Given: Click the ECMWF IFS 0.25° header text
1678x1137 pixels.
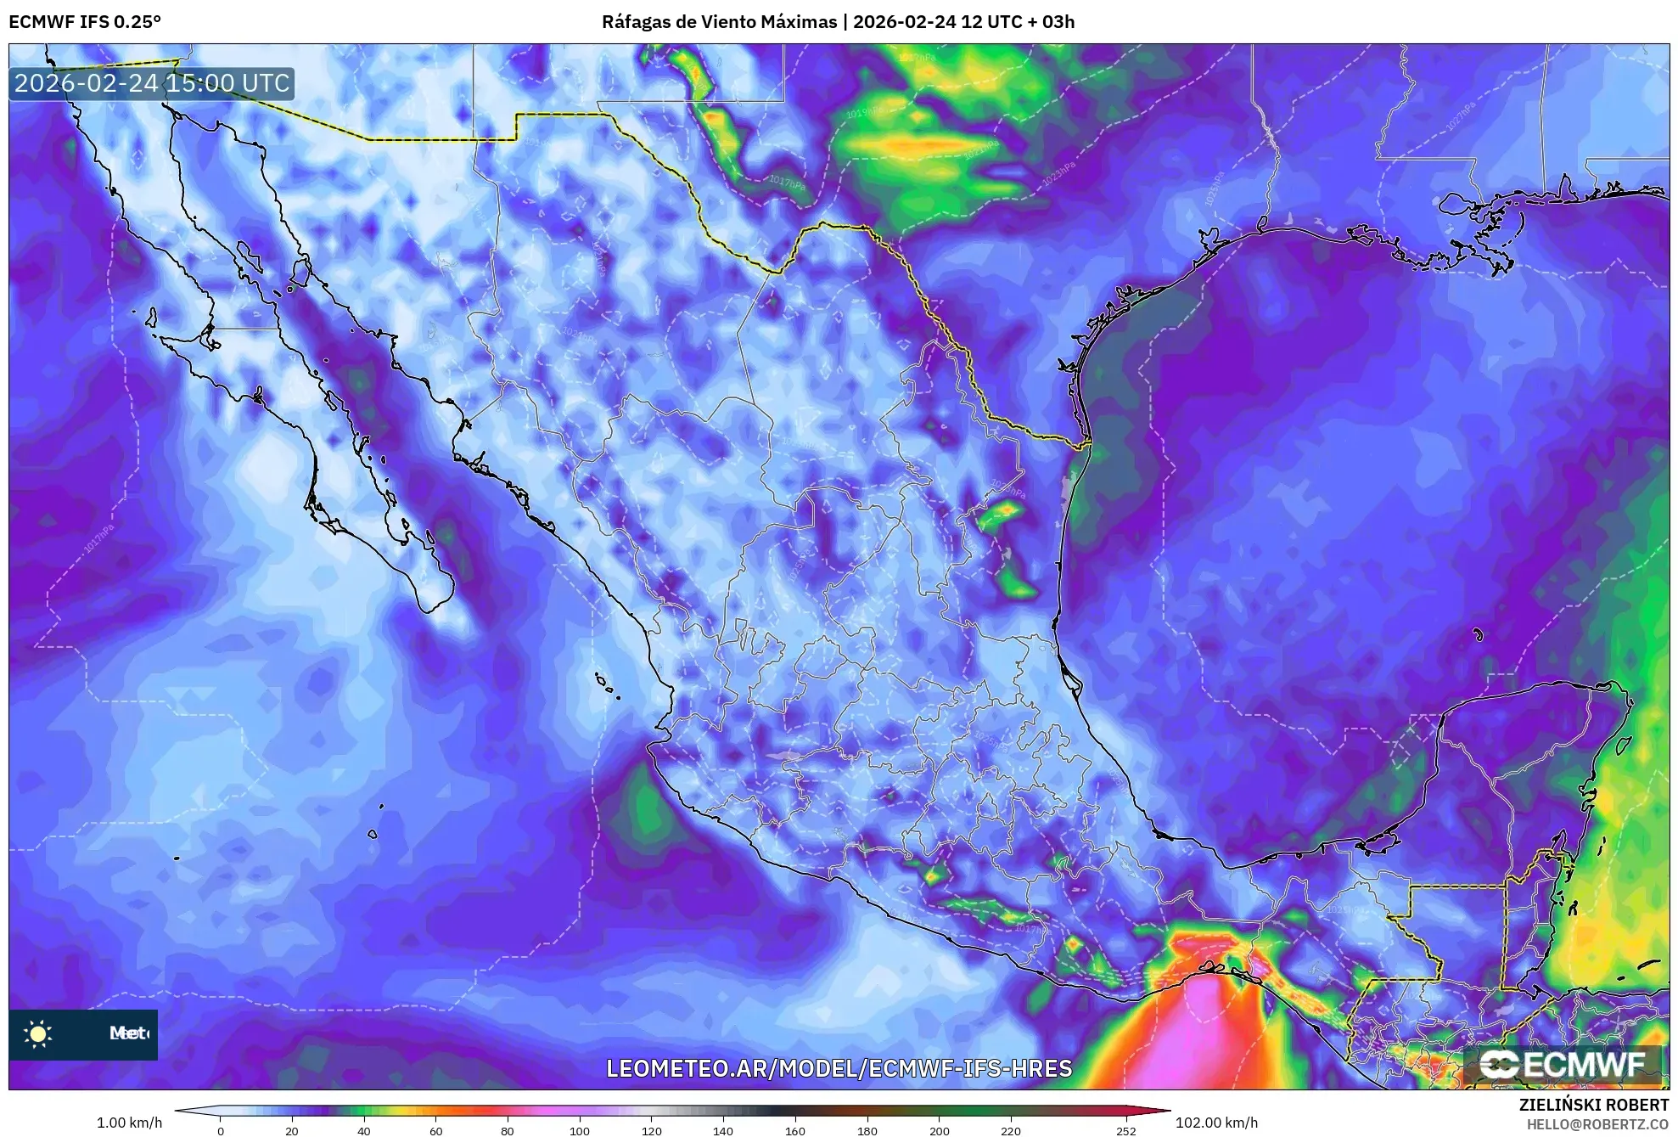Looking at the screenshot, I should pyautogui.click(x=85, y=22).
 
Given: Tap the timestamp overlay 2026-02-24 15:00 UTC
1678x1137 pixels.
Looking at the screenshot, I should pyautogui.click(x=152, y=83).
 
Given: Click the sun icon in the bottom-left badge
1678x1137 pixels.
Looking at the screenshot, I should pyautogui.click(x=38, y=1033).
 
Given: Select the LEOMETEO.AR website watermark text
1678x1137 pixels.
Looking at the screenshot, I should pyautogui.click(x=839, y=1068).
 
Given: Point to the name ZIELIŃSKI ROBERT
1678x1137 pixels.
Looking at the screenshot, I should pyautogui.click(x=1594, y=1105).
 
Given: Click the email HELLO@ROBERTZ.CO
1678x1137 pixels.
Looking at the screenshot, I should pyautogui.click(x=1597, y=1124).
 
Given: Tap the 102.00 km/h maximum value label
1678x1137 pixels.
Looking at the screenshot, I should pyautogui.click(x=1216, y=1123).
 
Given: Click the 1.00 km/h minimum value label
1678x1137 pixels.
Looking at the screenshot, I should pyautogui.click(x=129, y=1123).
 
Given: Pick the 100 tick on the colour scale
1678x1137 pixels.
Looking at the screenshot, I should pyautogui.click(x=580, y=1131).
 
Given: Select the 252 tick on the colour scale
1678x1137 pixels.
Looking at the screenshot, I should pyautogui.click(x=1125, y=1131).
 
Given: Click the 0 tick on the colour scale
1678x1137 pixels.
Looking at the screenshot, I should pyautogui.click(x=221, y=1131).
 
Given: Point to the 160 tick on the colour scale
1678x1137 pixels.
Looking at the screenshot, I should pyautogui.click(x=795, y=1131).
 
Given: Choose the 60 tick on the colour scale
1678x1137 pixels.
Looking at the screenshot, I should pyautogui.click(x=436, y=1131).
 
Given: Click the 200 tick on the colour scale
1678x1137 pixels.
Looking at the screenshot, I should pyautogui.click(x=940, y=1131).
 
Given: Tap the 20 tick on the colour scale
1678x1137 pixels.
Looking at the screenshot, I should pyautogui.click(x=292, y=1131).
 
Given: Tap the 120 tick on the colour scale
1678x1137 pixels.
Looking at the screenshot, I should pyautogui.click(x=652, y=1131).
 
